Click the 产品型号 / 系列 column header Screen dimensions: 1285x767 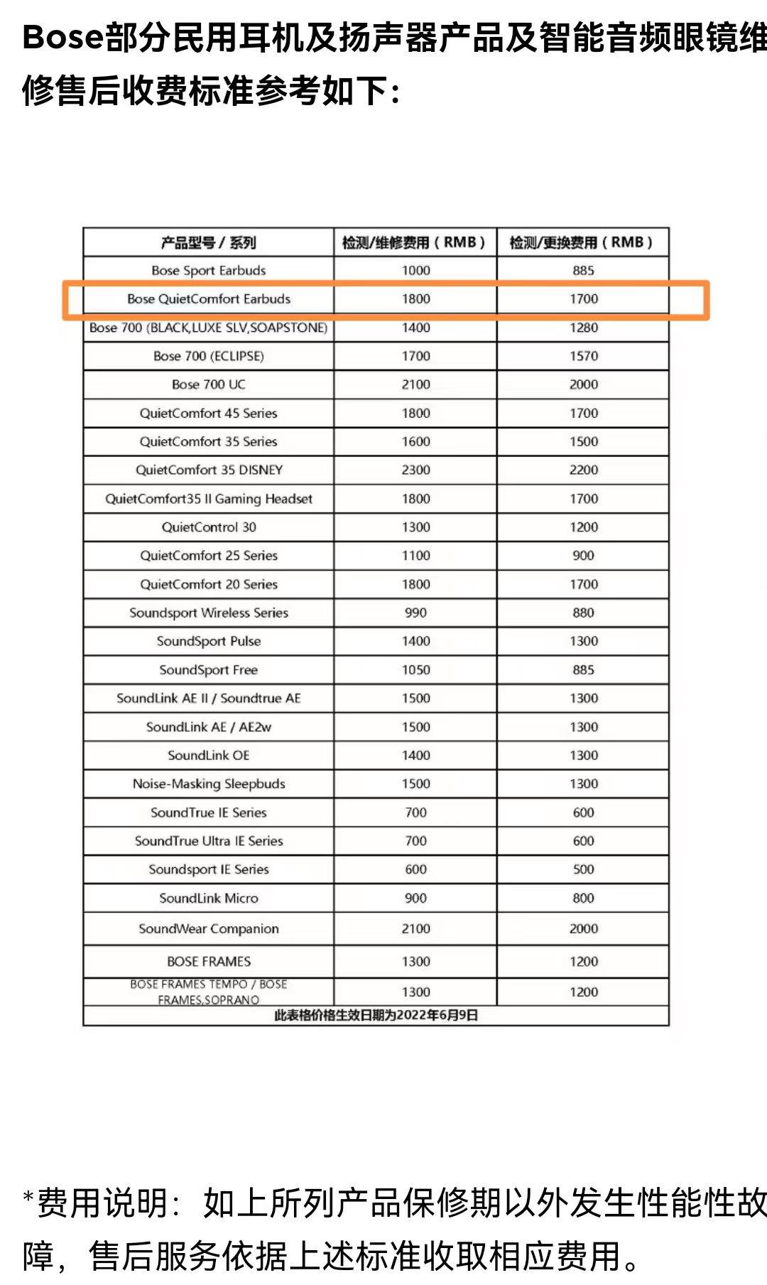pyautogui.click(x=208, y=242)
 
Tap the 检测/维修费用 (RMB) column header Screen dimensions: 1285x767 pyautogui.click(x=415, y=242)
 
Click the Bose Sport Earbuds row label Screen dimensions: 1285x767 pyautogui.click(x=208, y=271)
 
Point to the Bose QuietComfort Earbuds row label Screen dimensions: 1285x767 pyautogui.click(x=208, y=299)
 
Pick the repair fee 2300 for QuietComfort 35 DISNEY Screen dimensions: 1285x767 pyautogui.click(x=415, y=470)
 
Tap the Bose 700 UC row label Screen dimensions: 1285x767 pyautogui.click(x=208, y=385)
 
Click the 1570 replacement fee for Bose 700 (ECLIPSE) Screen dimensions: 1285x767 pyautogui.click(x=583, y=356)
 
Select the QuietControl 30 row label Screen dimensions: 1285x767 pyautogui.click(x=208, y=527)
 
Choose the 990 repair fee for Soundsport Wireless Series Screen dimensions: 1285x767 pyautogui.click(x=415, y=613)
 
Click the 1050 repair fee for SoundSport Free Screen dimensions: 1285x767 pyautogui.click(x=415, y=670)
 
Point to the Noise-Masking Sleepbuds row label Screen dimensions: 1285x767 pyautogui.click(x=208, y=784)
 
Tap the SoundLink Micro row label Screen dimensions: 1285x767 pyautogui.click(x=208, y=898)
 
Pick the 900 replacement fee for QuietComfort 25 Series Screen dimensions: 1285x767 pyautogui.click(x=583, y=556)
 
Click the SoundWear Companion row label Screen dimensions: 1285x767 pyautogui.click(x=208, y=929)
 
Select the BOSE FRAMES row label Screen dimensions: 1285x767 pyautogui.click(x=208, y=962)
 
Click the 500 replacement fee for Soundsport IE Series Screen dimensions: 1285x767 pyautogui.click(x=583, y=869)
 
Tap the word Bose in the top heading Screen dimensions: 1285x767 pyautogui.click(x=63, y=37)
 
